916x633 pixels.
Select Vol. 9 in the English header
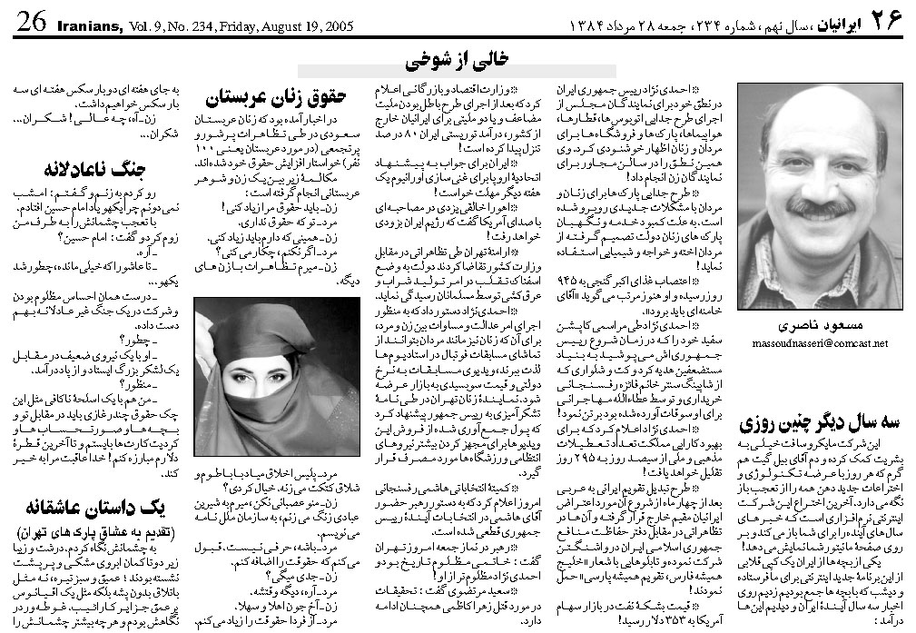145,25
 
